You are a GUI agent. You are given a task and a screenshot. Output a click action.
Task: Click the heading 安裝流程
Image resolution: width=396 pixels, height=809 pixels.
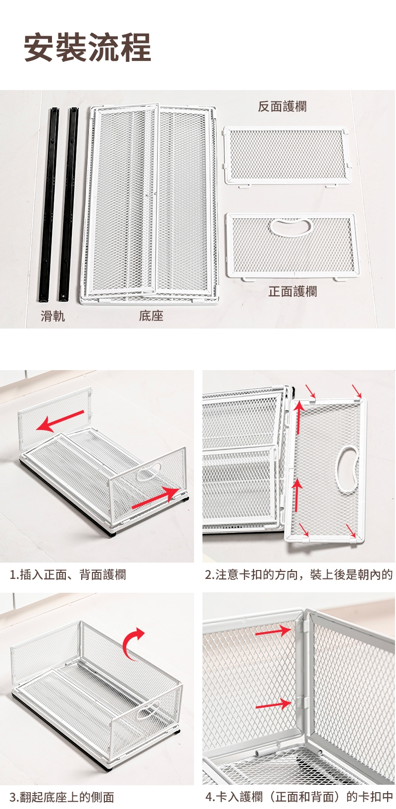coord(87,47)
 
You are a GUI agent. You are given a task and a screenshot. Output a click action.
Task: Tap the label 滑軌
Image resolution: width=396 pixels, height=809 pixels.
coord(53,316)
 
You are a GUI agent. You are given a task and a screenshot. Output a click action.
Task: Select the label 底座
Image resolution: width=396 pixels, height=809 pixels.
coord(151,316)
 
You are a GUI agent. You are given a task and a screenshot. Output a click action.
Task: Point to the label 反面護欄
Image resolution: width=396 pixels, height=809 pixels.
coord(282,106)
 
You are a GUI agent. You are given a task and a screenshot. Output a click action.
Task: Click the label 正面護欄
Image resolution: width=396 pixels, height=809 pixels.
coord(293,291)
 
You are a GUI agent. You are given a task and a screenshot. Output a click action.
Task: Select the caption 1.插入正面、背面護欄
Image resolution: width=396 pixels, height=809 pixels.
coord(68,574)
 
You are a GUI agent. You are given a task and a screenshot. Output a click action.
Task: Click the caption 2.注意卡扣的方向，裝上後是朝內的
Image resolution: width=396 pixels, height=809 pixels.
coord(299,574)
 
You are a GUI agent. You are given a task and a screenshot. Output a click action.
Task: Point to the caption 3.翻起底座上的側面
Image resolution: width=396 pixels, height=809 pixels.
coord(62,797)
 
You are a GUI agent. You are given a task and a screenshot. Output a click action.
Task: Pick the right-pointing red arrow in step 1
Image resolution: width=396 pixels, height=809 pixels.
coord(156,498)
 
